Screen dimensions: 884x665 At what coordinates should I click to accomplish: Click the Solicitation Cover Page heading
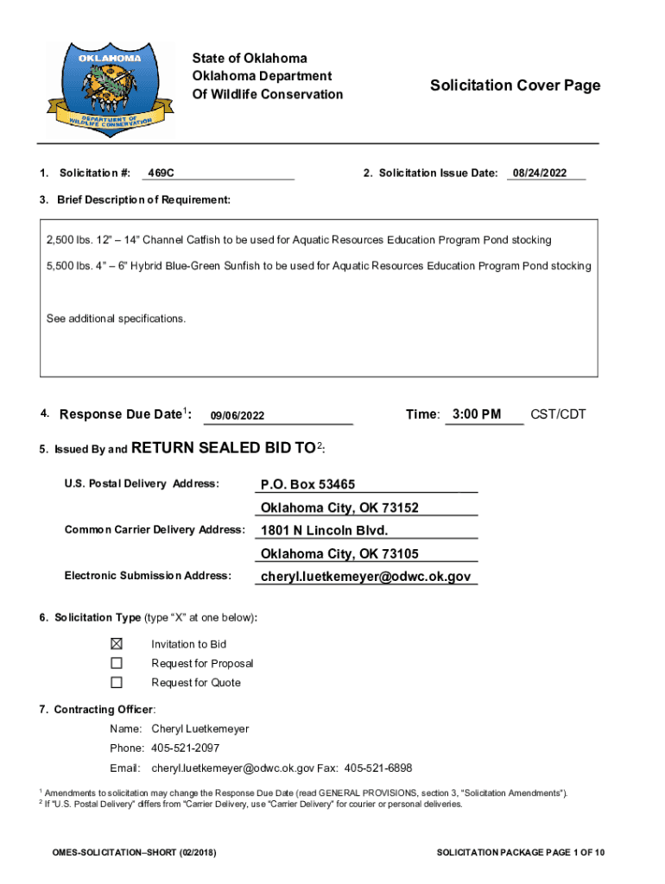(x=515, y=85)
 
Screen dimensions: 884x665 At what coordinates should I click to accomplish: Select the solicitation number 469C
(x=161, y=174)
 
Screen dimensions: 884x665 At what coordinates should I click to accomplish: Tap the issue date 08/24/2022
(x=539, y=174)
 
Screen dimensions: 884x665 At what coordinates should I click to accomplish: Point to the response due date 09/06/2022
(x=236, y=416)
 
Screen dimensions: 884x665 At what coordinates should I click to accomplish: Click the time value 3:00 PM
(x=476, y=414)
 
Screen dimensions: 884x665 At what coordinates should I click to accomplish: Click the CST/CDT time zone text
(x=558, y=414)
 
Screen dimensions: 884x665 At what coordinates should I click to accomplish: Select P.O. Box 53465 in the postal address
(x=307, y=484)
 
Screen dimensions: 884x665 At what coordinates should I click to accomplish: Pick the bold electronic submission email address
(x=365, y=576)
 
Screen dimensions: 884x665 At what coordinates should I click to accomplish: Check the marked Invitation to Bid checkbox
(x=117, y=644)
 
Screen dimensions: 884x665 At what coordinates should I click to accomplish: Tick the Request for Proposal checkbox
(x=117, y=663)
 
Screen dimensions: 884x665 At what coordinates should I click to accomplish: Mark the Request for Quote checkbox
(x=117, y=682)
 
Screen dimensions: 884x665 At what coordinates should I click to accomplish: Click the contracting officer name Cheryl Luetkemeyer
(x=199, y=729)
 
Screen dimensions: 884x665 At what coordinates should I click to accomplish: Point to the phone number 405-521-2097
(x=185, y=748)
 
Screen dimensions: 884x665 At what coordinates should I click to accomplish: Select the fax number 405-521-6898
(x=378, y=767)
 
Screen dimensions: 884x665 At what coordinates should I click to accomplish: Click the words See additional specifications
(x=116, y=319)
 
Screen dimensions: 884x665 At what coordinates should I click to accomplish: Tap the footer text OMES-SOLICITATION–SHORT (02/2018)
(x=134, y=853)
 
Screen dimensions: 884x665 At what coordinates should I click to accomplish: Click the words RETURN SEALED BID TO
(x=223, y=447)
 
